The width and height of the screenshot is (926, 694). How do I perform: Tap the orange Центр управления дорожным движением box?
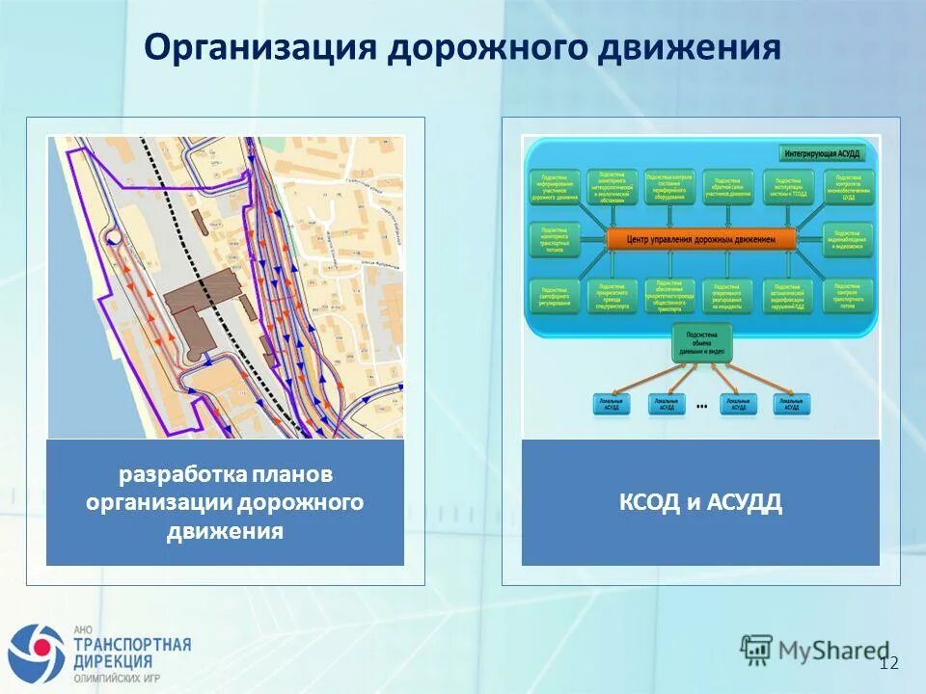(x=701, y=239)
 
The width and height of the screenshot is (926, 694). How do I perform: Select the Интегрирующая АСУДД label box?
(x=829, y=151)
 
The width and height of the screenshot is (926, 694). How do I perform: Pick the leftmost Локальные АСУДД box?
(x=611, y=405)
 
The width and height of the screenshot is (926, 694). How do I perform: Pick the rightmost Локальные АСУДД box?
(x=789, y=405)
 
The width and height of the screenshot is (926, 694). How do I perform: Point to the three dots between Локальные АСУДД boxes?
(x=701, y=407)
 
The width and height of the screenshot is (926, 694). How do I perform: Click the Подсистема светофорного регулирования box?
(x=555, y=296)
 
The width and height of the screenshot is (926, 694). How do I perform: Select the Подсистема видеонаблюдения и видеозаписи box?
(x=848, y=239)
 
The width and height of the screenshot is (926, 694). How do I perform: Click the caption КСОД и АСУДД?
(x=701, y=502)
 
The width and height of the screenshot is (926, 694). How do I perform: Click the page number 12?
(x=888, y=662)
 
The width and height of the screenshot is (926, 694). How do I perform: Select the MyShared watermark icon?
(x=757, y=648)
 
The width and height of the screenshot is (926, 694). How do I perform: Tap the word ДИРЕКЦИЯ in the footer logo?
(x=113, y=662)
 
